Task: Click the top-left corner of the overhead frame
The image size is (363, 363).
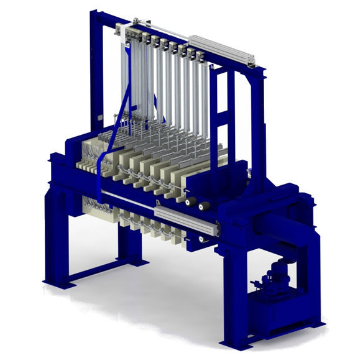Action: click(x=94, y=14)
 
